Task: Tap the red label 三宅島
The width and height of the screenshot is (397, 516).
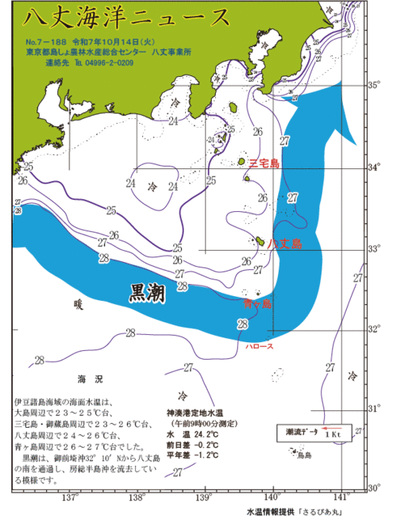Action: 264,164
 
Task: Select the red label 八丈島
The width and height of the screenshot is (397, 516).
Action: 285,244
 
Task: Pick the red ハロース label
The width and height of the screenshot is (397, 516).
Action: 260,347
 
